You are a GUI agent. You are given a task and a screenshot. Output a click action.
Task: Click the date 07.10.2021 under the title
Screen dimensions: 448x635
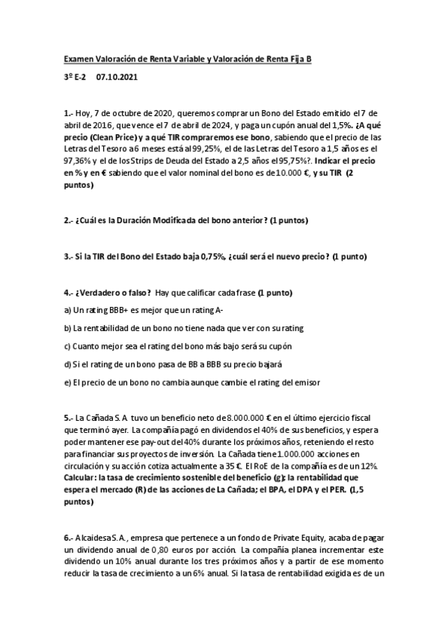tap(117, 76)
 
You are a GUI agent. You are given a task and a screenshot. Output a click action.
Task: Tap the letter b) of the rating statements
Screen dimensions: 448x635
tap(67, 328)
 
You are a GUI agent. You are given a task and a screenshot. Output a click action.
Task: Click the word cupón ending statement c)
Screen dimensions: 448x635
tap(277, 346)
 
